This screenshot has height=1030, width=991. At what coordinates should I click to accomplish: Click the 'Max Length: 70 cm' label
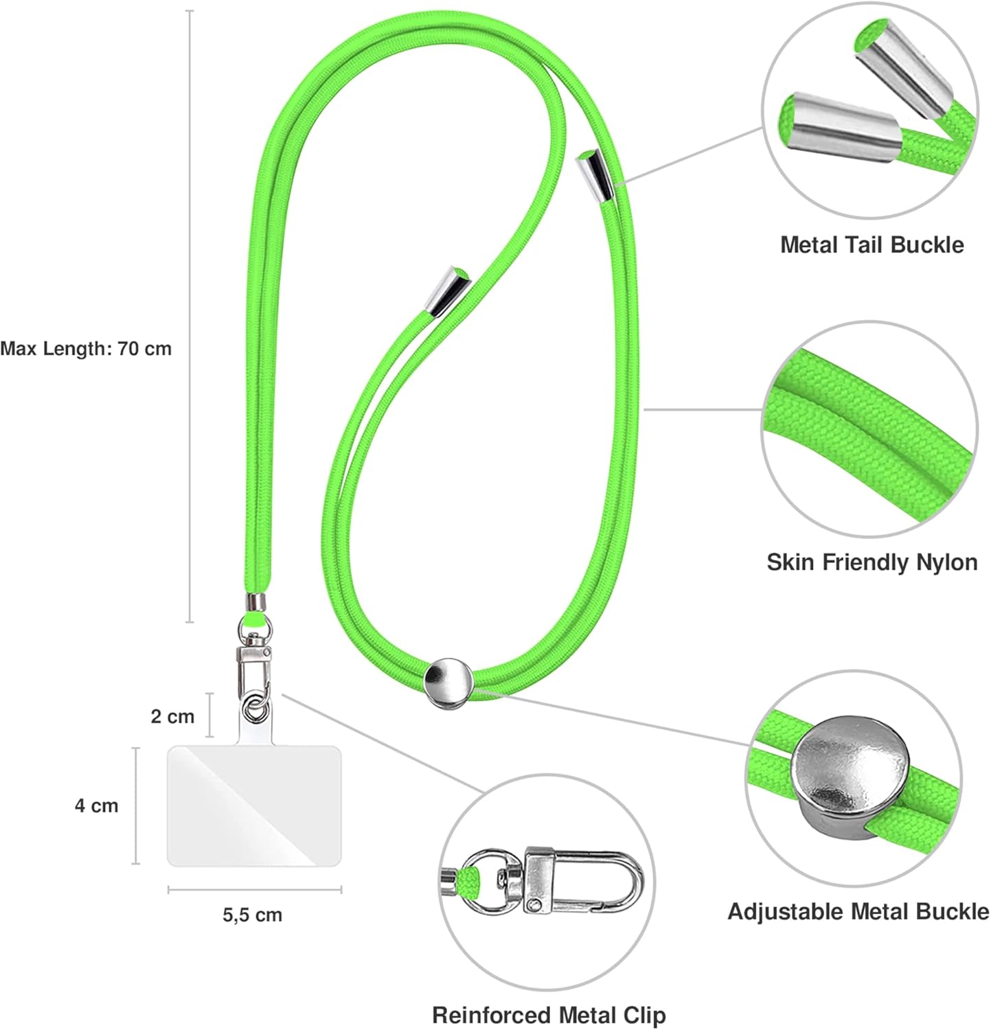[x=86, y=348]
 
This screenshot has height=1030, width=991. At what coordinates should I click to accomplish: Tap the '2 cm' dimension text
[x=172, y=716]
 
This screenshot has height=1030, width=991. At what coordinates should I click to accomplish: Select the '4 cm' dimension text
[x=97, y=805]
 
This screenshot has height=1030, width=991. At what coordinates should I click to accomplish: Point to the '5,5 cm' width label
[x=252, y=915]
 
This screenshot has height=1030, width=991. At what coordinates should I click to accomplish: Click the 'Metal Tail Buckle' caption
[x=872, y=244]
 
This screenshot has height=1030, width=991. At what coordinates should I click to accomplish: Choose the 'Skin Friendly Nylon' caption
[x=872, y=562]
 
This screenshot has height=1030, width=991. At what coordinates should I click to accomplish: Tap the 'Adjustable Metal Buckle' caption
[x=858, y=911]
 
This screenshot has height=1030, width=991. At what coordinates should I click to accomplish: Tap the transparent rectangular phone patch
[x=254, y=805]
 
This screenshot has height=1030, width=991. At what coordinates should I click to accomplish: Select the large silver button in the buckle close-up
[x=851, y=771]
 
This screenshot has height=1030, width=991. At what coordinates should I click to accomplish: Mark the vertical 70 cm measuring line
[x=190, y=317]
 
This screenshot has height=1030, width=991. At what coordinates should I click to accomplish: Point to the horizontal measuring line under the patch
[x=255, y=891]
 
